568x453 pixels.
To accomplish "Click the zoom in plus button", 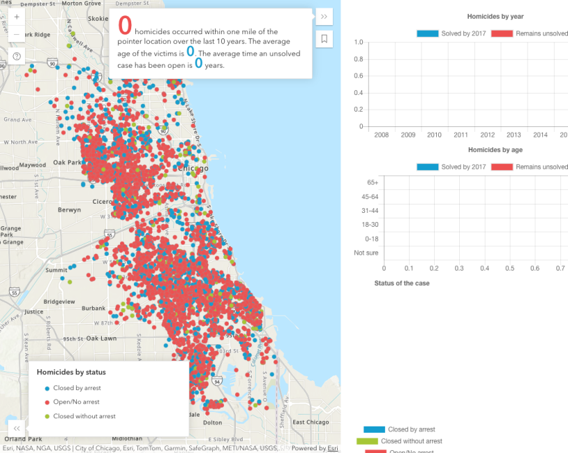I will [x=17, y=17].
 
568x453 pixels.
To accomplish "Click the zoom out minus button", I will [x=17, y=34].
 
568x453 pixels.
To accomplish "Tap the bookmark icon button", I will [x=324, y=39].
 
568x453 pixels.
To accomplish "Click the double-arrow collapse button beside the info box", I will [x=324, y=17].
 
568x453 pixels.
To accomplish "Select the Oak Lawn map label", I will [x=101, y=339].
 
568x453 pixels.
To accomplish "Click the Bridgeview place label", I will [x=59, y=302].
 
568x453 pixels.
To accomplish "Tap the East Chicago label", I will [x=311, y=422].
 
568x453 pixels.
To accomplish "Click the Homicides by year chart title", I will [x=495, y=17].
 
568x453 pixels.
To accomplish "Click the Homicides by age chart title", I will [x=495, y=150].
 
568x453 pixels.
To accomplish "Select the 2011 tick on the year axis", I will [x=461, y=135].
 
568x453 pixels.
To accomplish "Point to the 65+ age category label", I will [x=371, y=182].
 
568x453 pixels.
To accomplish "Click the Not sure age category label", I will [x=366, y=253].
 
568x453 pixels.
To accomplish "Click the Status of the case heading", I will [x=402, y=283].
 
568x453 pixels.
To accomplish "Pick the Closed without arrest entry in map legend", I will [x=84, y=416].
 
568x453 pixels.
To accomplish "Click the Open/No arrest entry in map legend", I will [x=76, y=402].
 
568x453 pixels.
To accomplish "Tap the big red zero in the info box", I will [x=125, y=26].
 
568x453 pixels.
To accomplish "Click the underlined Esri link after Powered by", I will [x=334, y=448].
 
